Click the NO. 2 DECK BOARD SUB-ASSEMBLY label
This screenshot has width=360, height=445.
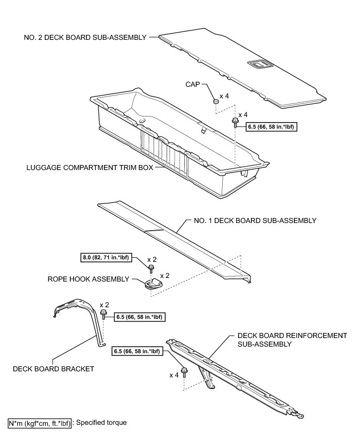(85, 37)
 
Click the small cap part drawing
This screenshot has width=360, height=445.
(216, 102)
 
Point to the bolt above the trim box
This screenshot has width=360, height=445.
(235, 122)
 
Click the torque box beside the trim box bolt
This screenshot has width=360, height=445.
(271, 127)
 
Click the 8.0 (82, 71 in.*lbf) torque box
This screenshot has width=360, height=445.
(106, 258)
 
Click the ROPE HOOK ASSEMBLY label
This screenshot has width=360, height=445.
(88, 279)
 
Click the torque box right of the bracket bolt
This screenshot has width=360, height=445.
(140, 317)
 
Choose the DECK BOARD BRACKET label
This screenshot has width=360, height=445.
(54, 369)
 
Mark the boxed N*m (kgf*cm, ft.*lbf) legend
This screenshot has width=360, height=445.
(40, 423)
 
